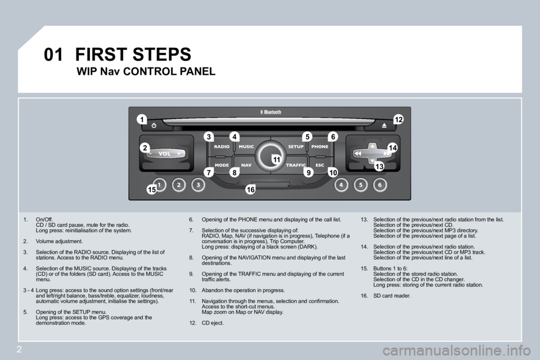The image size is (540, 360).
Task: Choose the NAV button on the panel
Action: (x=246, y=165)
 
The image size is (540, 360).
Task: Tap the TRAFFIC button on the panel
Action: (x=295, y=165)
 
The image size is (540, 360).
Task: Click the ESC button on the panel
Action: (x=320, y=165)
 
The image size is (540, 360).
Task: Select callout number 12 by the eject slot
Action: (x=399, y=119)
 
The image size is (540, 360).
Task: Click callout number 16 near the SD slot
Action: (x=250, y=191)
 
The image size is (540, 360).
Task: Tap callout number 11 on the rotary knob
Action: (x=276, y=160)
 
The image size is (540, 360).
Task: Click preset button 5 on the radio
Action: (x=361, y=184)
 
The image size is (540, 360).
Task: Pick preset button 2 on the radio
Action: (x=179, y=184)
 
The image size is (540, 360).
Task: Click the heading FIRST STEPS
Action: (x=133, y=55)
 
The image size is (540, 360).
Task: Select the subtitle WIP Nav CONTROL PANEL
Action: (x=145, y=71)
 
